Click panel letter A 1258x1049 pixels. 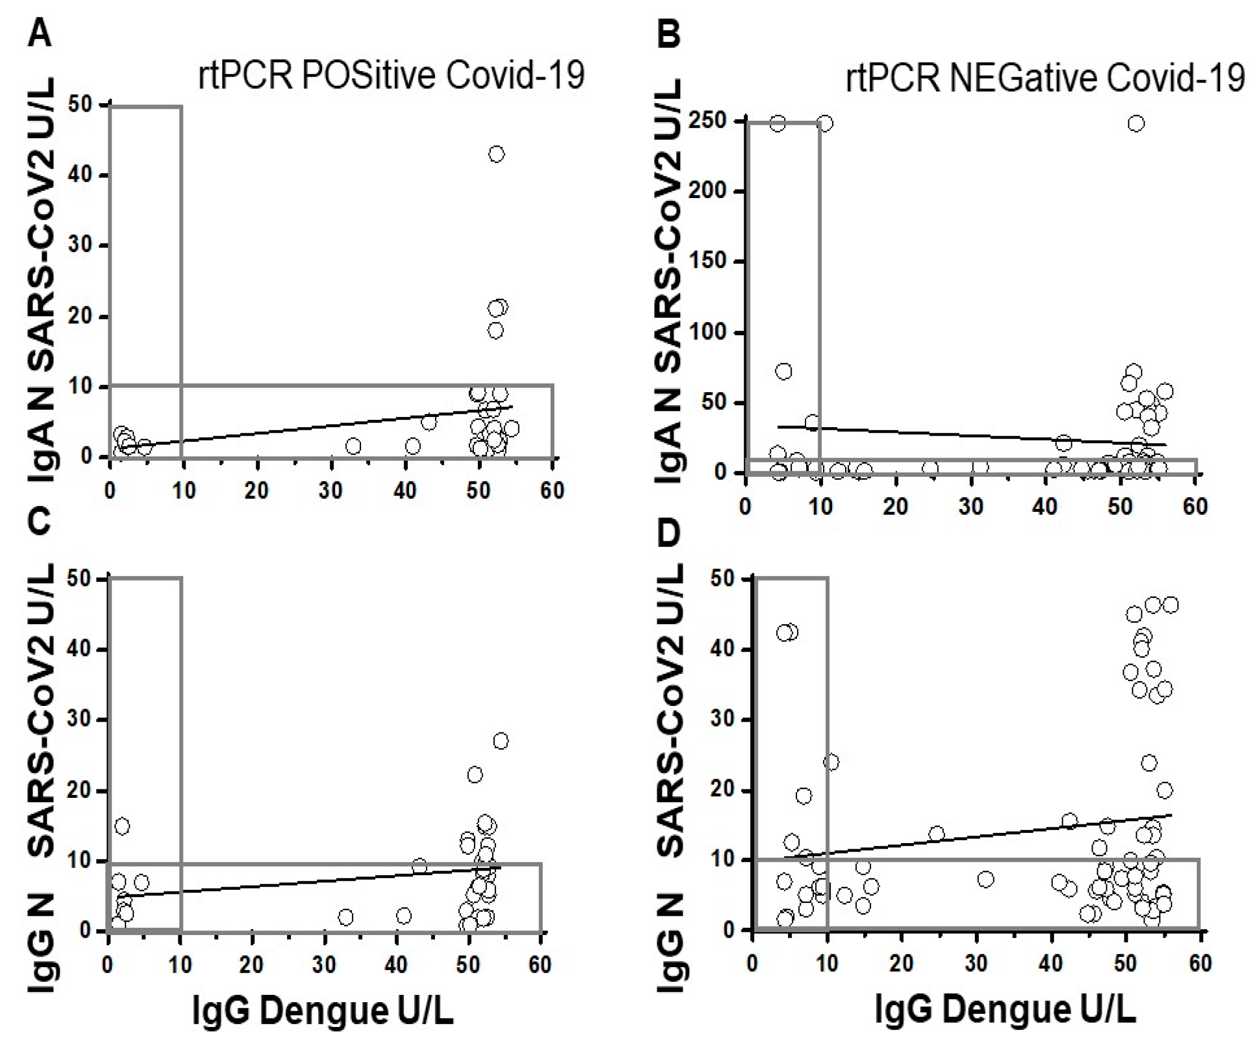[39, 34]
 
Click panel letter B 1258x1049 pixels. [669, 34]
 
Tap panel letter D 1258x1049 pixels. [669, 533]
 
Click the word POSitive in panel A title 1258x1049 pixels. [370, 76]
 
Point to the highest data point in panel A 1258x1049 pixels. [496, 154]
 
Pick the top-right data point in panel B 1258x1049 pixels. [1136, 124]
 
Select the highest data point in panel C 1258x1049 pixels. [500, 741]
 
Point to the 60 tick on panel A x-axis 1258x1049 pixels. [552, 491]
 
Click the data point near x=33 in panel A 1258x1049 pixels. [354, 446]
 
